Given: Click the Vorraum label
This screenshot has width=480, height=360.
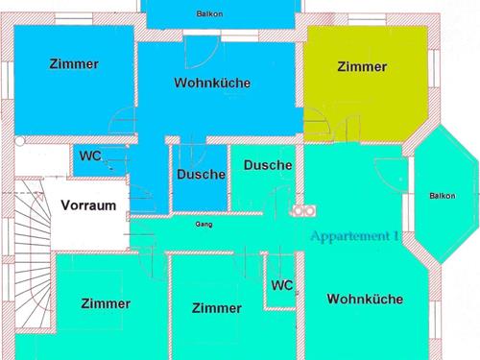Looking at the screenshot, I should tap(88, 205).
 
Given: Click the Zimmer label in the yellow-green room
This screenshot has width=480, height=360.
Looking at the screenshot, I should tap(362, 67).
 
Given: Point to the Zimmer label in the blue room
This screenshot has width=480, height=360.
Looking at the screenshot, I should tap(74, 64).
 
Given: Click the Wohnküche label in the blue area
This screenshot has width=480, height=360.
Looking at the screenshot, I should tap(212, 84).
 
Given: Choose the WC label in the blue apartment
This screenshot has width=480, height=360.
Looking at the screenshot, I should tap(90, 156).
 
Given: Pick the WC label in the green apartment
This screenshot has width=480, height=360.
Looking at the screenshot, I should tap(281, 286).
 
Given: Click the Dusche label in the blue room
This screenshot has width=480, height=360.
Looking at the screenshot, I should tap(201, 175).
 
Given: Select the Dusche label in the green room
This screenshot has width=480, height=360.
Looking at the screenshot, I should tap(268, 165).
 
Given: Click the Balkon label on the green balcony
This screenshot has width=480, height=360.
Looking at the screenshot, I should tap(443, 196).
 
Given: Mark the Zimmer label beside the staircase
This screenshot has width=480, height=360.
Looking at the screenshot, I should tap(106, 303).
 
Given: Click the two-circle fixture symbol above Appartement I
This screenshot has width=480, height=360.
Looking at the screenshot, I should tap(304, 210).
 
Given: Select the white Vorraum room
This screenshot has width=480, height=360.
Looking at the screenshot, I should tap(91, 221).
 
